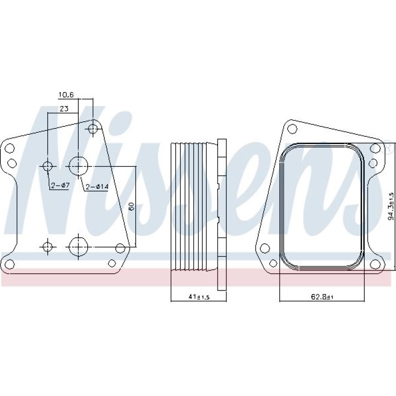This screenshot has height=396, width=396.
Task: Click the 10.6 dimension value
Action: tap(66, 95)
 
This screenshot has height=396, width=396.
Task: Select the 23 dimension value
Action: tap(64, 109)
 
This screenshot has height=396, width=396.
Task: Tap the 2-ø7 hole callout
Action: tap(60, 186)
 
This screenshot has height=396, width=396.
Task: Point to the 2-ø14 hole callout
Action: tap(97, 187)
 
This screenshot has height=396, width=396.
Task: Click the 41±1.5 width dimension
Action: tap(199, 297)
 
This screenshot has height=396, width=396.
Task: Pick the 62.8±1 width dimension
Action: tap(322, 297)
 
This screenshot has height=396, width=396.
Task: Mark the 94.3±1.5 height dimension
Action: tap(391, 206)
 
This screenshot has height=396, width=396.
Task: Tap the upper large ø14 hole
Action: tap(78, 166)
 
